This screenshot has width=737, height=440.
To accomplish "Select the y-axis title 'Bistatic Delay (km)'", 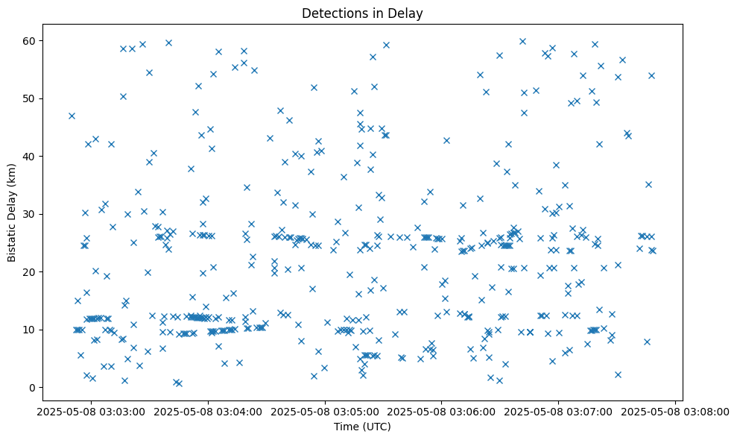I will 12,212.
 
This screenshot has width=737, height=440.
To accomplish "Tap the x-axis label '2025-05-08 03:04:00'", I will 207,411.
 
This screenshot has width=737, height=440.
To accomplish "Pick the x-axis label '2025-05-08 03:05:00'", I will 324,411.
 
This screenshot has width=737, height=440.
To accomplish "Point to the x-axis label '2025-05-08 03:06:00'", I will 441,411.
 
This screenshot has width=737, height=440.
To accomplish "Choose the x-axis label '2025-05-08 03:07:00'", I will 558,411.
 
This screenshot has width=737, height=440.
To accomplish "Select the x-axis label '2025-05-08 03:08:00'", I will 675,411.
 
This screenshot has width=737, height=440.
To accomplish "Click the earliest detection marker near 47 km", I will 72,116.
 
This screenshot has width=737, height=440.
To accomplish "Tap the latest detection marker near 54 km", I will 651,75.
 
